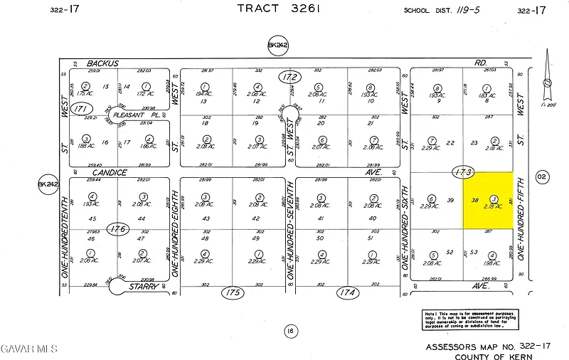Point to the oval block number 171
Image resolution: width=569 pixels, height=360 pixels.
(83, 108)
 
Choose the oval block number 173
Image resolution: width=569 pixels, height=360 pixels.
(462, 171)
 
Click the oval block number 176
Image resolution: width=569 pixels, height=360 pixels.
(118, 228)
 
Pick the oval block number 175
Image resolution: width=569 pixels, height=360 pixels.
(232, 292)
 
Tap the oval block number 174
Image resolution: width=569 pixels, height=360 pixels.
(348, 292)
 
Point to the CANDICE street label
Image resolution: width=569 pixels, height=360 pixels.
(109, 172)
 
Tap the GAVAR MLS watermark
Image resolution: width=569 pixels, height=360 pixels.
(28, 348)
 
